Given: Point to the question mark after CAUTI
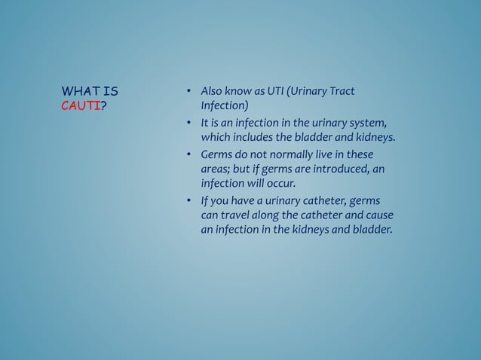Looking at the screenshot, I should (103, 106).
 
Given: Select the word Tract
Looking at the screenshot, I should (339, 92).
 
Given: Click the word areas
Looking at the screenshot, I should (214, 169).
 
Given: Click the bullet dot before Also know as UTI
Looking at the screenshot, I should (188, 93).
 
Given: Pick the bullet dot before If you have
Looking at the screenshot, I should (188, 201).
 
